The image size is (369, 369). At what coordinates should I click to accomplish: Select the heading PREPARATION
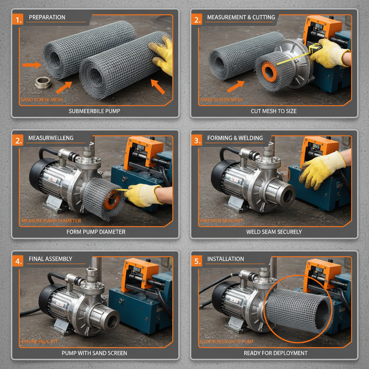47,17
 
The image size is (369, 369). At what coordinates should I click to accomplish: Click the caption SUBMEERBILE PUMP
94,111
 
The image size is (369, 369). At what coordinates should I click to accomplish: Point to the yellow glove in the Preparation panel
161,54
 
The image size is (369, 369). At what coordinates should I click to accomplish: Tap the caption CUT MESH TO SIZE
274,111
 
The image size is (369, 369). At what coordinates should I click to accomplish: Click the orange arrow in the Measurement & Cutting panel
235,86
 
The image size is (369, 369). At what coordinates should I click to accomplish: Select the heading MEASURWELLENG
51,138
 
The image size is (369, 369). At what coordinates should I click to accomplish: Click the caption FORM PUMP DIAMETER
96,232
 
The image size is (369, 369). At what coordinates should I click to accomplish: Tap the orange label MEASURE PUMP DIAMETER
51,221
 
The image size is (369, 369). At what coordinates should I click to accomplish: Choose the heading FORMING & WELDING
235,138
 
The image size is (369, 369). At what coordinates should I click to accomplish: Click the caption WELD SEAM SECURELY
274,232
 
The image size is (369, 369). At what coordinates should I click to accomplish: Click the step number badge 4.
17,261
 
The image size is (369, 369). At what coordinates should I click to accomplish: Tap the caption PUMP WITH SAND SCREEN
94,353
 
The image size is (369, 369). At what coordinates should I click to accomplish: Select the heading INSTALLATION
226,259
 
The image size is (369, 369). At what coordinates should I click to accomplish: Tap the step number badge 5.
197,261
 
